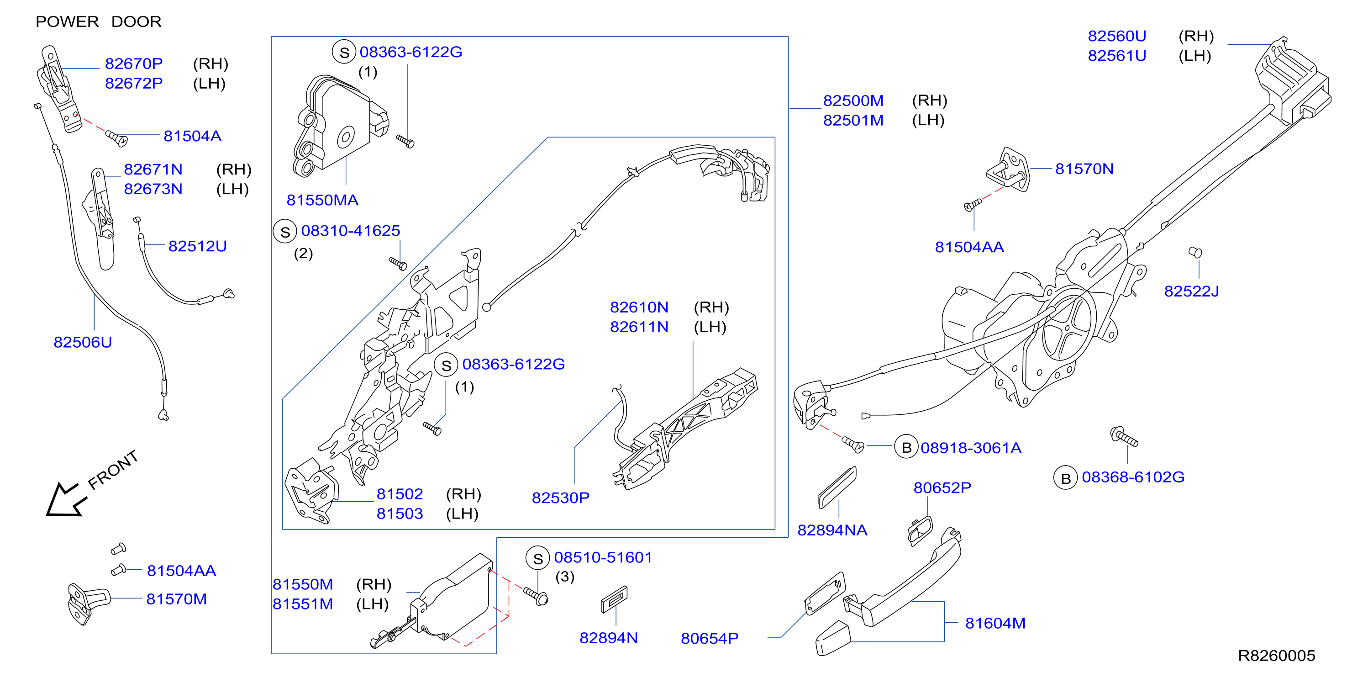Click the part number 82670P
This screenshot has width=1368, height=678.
tap(134, 64)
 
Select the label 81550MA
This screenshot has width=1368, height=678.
tap(322, 200)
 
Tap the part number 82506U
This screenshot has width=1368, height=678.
tap(83, 342)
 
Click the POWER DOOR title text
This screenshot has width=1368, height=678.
tap(98, 22)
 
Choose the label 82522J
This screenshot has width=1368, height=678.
tap(1191, 291)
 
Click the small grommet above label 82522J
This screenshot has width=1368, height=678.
tap(1195, 252)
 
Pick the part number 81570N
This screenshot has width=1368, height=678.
tap(1084, 169)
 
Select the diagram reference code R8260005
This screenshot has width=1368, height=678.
tap(1276, 656)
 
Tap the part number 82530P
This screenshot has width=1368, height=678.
tap(560, 498)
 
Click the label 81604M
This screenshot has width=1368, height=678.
tap(995, 623)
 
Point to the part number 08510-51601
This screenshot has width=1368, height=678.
tap(603, 557)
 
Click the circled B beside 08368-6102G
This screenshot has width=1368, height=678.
tap(1065, 478)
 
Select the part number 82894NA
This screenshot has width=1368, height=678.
tap(832, 530)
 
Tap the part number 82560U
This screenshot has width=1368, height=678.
tap(1117, 36)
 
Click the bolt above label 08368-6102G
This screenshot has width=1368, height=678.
tap(1124, 437)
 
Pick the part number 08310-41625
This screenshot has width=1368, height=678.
tap(351, 231)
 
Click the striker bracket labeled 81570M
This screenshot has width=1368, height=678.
tap(88, 603)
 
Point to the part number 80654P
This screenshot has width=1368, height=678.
tap(710, 638)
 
